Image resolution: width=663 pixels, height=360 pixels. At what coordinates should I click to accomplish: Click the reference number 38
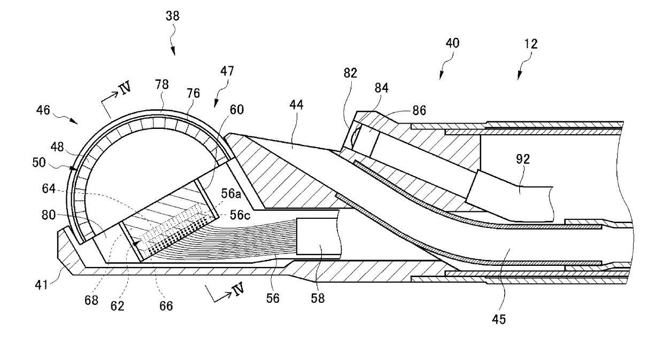pyautogui.click(x=173, y=16)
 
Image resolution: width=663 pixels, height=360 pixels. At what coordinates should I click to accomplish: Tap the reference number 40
pyautogui.click(x=452, y=43)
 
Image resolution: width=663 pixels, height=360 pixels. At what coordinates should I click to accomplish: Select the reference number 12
pyautogui.click(x=531, y=44)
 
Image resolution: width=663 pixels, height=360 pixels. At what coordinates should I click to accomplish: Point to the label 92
pyautogui.click(x=523, y=159)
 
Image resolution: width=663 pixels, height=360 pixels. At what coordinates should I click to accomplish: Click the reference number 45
pyautogui.click(x=499, y=320)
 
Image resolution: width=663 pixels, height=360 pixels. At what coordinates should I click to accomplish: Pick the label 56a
pyautogui.click(x=231, y=194)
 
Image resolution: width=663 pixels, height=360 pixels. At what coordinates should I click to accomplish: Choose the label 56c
pyautogui.click(x=240, y=216)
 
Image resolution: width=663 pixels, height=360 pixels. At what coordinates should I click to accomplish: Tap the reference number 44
pyautogui.click(x=296, y=105)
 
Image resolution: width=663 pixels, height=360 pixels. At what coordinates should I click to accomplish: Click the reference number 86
pyautogui.click(x=419, y=111)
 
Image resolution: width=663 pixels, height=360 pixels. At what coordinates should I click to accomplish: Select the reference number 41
pyautogui.click(x=41, y=285)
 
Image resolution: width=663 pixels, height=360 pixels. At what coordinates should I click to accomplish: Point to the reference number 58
pyautogui.click(x=318, y=298)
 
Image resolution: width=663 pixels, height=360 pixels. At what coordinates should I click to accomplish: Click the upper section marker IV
pyautogui.click(x=125, y=88)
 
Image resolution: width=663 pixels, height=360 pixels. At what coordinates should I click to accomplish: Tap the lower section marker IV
pyautogui.click(x=238, y=289)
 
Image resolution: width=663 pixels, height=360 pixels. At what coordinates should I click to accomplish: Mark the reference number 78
pyautogui.click(x=161, y=85)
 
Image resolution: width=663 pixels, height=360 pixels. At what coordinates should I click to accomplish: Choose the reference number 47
pyautogui.click(x=227, y=71)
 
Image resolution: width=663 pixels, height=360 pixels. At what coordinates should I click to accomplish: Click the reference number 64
pyautogui.click(x=49, y=189)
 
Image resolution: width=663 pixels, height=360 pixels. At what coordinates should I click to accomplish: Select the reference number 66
pyautogui.click(x=166, y=306)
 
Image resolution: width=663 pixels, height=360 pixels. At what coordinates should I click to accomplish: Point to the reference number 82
pyautogui.click(x=350, y=73)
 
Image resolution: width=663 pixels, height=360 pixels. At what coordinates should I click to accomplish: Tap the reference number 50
pyautogui.click(x=39, y=163)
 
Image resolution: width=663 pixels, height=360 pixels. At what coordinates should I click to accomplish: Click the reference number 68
pyautogui.click(x=91, y=301)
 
